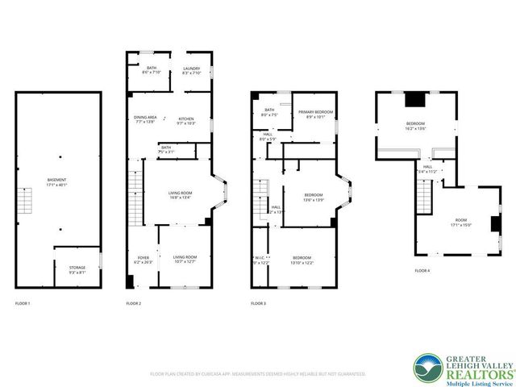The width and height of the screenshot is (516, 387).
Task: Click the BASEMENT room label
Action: (x=56, y=180)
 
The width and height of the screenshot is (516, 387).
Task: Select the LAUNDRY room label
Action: (x=191, y=69)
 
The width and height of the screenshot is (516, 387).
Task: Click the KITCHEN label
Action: (x=186, y=119)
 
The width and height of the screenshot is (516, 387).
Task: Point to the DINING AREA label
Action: (x=145, y=119)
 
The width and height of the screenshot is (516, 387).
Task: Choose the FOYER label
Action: (x=141, y=258)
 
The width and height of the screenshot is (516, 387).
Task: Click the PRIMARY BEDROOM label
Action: (x=314, y=112)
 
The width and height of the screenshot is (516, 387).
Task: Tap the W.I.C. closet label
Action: (x=258, y=258)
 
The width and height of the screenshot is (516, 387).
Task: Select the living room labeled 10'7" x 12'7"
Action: (x=185, y=258)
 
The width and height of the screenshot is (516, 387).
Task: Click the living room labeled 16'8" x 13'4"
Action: (x=179, y=193)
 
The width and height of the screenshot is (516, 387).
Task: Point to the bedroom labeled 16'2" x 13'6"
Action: (x=415, y=123)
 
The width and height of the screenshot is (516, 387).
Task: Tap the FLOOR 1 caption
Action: (x=23, y=303)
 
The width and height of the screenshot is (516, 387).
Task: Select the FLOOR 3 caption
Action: (x=258, y=303)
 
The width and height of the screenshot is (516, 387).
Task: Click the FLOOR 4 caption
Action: (x=422, y=271)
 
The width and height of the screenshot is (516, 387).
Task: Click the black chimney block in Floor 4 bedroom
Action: (x=414, y=100)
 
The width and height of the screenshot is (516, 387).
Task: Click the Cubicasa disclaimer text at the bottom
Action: (x=258, y=374)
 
